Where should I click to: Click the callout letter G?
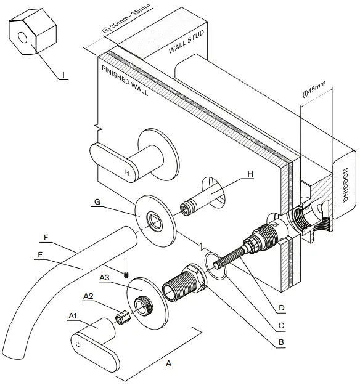click(97, 202)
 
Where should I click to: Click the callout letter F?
click(47, 236)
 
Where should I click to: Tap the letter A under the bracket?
click(169, 364)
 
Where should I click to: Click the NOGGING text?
click(345, 185)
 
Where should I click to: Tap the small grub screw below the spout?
click(126, 273)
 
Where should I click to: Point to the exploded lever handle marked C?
click(96, 347)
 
